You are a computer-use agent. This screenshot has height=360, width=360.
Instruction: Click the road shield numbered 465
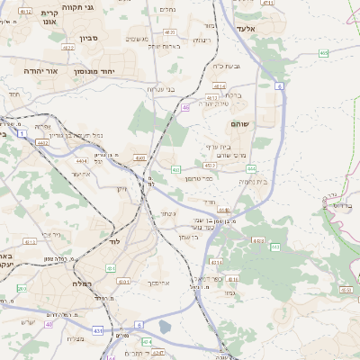(323, 53)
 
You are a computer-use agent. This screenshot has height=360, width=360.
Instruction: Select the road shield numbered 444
(251, 168)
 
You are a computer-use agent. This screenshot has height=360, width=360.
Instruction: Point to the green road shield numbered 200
(22, 289)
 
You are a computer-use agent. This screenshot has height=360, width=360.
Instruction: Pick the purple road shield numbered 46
(185, 108)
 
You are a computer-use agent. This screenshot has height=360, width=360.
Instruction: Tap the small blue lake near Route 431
(165, 326)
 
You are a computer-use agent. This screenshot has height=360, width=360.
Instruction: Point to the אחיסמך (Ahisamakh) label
(158, 282)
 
